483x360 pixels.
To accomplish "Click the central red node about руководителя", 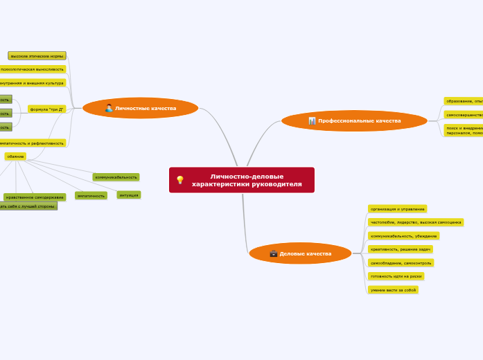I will click(242, 180).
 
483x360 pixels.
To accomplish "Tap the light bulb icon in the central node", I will click(180, 180).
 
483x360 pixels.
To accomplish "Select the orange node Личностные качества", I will click(141, 108).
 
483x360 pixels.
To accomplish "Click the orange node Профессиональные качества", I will click(354, 121).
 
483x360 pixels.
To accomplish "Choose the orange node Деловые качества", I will click(300, 253).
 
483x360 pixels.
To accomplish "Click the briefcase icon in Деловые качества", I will click(274, 253).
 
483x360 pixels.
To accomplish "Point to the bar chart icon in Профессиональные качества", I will click(313, 121).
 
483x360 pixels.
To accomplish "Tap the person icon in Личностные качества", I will click(109, 108).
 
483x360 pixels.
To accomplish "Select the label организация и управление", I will click(397, 208).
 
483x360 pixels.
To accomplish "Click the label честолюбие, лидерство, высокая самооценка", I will click(416, 222).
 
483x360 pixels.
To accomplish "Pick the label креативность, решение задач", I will click(401, 249).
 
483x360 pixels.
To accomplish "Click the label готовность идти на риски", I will click(396, 276).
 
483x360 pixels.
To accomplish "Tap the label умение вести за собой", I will click(393, 290).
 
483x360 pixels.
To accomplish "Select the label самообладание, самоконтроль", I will click(401, 263).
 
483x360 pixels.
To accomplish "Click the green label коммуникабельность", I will click(116, 177).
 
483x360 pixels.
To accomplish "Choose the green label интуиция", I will click(129, 195).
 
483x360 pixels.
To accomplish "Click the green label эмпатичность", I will click(91, 196).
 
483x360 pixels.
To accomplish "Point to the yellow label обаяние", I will click(15, 156).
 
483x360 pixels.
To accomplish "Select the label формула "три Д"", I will click(47, 109).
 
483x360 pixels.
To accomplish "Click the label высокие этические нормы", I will click(37, 55).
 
